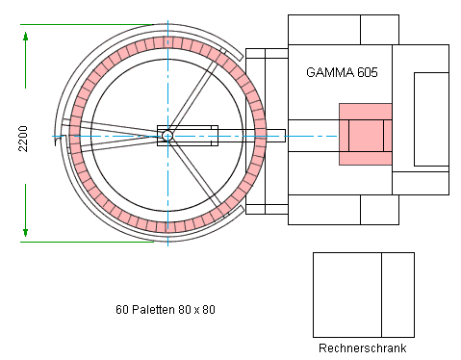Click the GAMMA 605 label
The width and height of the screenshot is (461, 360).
tap(342, 72)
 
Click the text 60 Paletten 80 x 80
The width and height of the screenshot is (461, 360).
tap(165, 310)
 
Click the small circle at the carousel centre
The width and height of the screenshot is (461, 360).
tap(167, 136)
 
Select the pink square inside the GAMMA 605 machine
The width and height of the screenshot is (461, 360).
tap(365, 134)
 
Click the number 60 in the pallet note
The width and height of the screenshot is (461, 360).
tap(122, 310)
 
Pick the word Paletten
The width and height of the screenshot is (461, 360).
tap(153, 310)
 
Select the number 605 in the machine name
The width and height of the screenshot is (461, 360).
tap(367, 72)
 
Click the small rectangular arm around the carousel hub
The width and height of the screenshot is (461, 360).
tap(188, 136)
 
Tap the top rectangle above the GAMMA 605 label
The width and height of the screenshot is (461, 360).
tap(343, 29)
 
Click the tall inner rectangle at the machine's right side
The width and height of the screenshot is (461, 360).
tap(431, 119)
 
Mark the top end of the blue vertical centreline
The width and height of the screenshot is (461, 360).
tap(168, 21)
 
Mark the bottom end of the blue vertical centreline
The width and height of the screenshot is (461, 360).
tap(168, 244)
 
